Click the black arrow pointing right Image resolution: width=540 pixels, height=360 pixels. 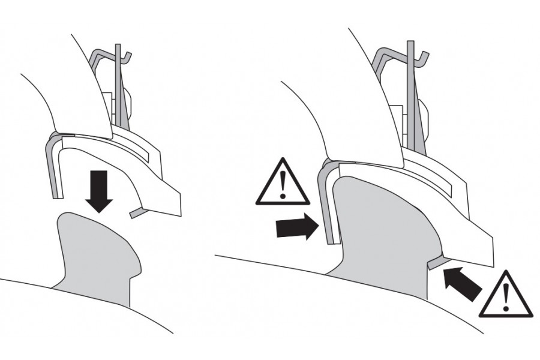pyautogui.click(x=296, y=227)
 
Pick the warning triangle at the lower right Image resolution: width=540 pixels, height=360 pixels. pyautogui.click(x=507, y=295)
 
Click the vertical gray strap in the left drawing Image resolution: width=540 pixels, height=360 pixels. pyautogui.click(x=119, y=90)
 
